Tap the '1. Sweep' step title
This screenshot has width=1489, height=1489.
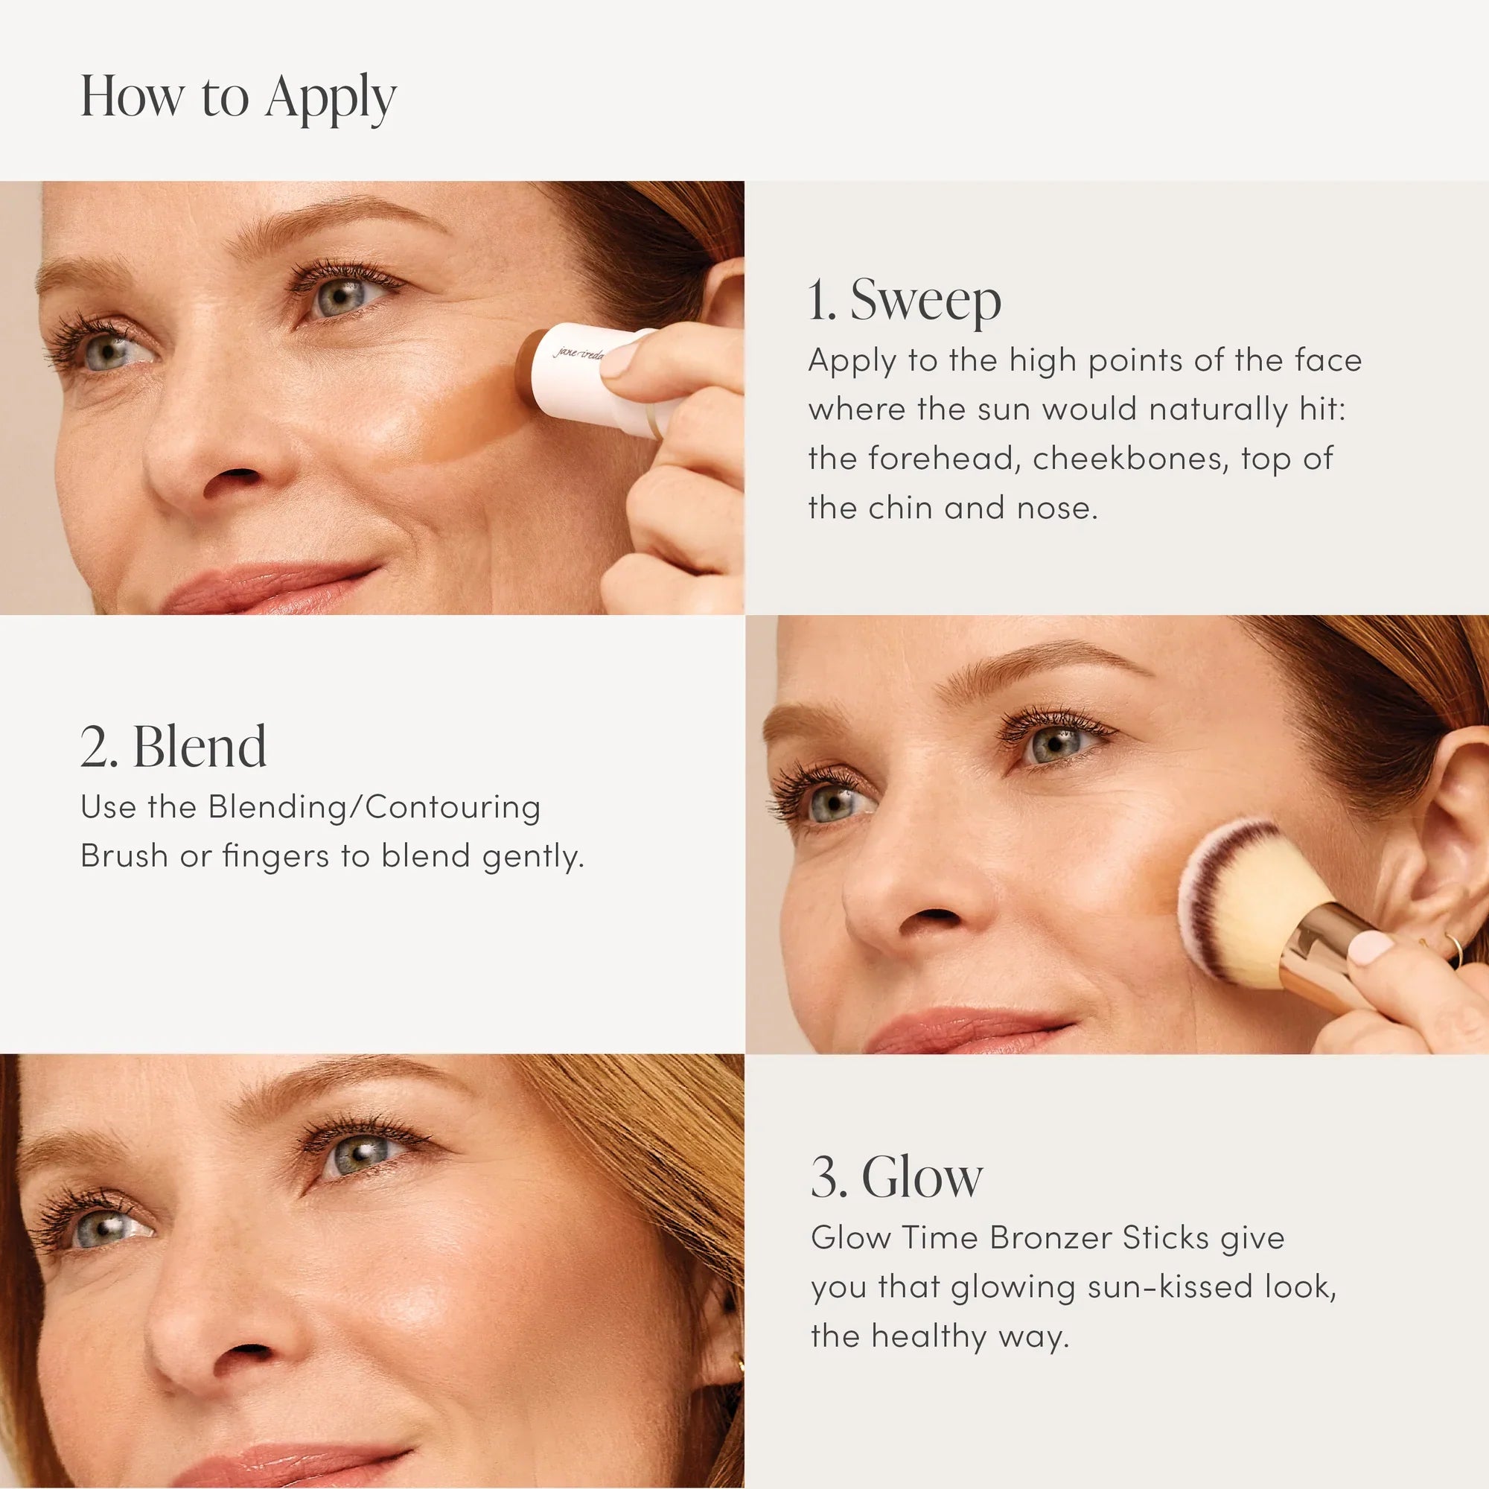(x=904, y=300)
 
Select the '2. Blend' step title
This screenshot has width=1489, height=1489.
(x=173, y=747)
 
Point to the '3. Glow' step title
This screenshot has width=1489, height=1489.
(x=896, y=1177)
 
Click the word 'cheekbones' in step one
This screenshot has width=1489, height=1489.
(x=1127, y=459)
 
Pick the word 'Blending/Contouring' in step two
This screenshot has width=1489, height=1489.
(x=374, y=808)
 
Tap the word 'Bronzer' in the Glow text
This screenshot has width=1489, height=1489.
(x=1050, y=1238)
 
